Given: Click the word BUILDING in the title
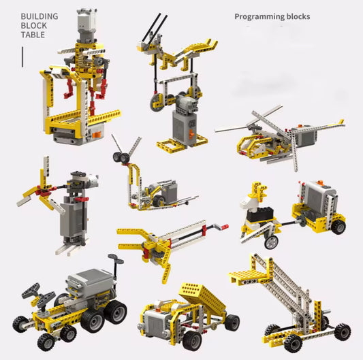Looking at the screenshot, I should pyautogui.click(x=39, y=16).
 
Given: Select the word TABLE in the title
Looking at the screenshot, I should pyautogui.click(x=32, y=35).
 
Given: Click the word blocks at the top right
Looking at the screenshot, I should pyautogui.click(x=296, y=16).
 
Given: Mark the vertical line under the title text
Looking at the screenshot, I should pyautogui.click(x=22, y=56).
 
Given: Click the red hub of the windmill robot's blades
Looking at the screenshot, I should pyautogui.click(x=46, y=192).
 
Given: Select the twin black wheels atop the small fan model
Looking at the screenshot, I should pyautogui.click(x=123, y=158).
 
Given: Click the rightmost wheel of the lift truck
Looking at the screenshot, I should pyautogui.click(x=342, y=331).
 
